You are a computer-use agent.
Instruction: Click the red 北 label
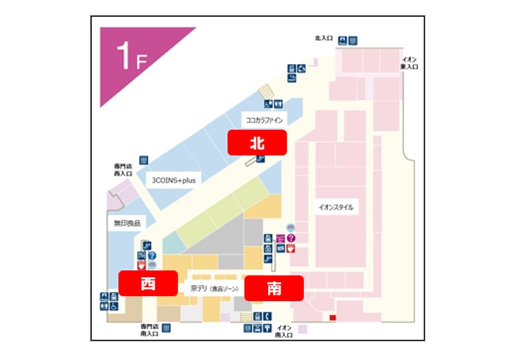pyautogui.click(x=257, y=143)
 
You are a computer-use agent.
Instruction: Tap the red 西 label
pyautogui.click(x=148, y=283)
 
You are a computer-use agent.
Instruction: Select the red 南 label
pyautogui.click(x=274, y=288)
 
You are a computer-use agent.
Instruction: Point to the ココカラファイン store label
pyautogui.click(x=264, y=120)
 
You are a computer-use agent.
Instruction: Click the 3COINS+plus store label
pyautogui.click(x=174, y=181)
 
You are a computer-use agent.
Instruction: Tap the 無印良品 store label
pyautogui.click(x=127, y=224)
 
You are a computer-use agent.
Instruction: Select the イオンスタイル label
pyautogui.click(x=336, y=207)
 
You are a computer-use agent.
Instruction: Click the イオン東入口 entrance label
pyautogui.click(x=410, y=63)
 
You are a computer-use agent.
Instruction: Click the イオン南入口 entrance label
pyautogui.click(x=283, y=331)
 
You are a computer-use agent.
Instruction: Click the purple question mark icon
pyautogui.click(x=292, y=238)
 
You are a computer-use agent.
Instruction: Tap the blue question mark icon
pyautogui.click(x=152, y=255)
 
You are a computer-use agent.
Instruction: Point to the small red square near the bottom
pyautogui.click(x=332, y=318)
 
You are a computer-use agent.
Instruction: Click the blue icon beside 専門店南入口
pyautogui.click(x=166, y=328)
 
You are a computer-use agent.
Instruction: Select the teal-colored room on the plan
pyautogui.click(x=173, y=243)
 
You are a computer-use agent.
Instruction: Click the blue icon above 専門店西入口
pyautogui.click(x=144, y=160)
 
